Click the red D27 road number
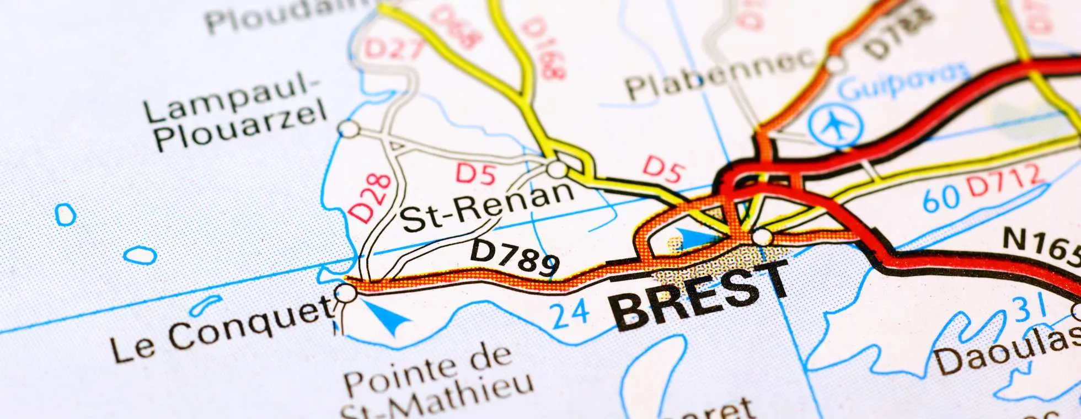coord(393,49)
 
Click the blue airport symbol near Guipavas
coord(836,126)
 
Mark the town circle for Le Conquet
coord(346,293)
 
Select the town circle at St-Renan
coord(558,169)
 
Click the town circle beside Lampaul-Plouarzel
coord(349,130)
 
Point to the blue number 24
coord(570,314)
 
